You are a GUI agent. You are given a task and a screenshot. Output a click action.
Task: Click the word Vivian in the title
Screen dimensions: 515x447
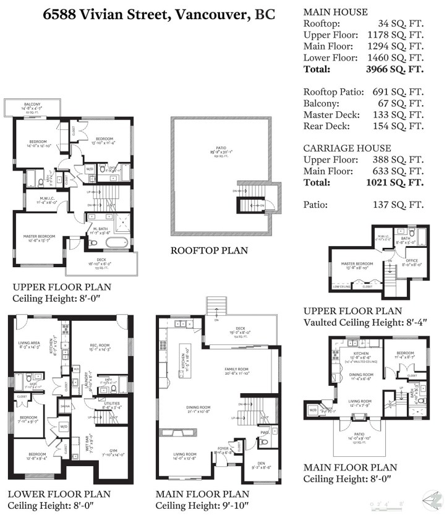point(109,14)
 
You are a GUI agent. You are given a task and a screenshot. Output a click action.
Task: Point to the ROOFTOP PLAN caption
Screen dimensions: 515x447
point(209,250)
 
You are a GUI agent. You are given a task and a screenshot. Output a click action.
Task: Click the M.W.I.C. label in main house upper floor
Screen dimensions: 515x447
point(34,199)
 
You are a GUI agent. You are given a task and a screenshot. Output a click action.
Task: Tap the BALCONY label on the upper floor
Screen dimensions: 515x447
point(33,104)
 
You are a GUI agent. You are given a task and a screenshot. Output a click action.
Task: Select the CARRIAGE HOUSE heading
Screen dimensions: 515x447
point(347,148)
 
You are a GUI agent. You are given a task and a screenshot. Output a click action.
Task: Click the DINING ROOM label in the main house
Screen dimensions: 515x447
point(199,408)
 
